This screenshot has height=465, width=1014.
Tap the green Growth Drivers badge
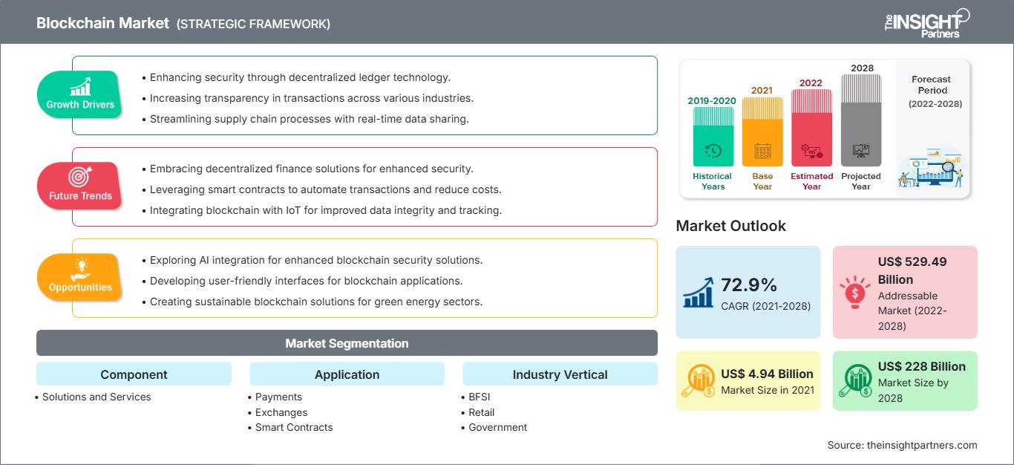(80, 93)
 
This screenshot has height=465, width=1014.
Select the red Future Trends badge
(80, 185)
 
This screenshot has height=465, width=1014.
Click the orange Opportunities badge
(80, 276)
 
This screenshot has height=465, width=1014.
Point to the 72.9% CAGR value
(748, 284)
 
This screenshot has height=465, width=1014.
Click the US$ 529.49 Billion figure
(912, 270)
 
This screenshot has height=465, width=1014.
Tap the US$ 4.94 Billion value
(767, 374)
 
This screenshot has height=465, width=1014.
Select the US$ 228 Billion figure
(921, 366)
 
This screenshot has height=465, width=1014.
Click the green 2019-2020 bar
(713, 137)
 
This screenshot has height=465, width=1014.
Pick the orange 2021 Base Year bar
(762, 131)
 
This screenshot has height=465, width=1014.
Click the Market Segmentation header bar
(347, 343)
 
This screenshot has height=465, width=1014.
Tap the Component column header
(134, 374)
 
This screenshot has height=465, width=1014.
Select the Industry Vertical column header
(560, 374)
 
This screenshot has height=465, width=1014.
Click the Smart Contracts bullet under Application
(294, 427)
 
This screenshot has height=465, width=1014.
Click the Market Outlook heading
(730, 226)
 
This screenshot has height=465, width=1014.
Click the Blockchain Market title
(102, 23)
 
